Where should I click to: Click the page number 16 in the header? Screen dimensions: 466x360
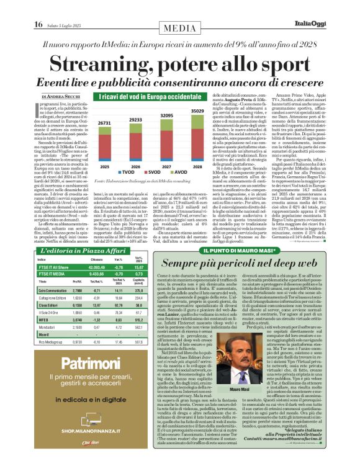[x=38, y=7]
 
